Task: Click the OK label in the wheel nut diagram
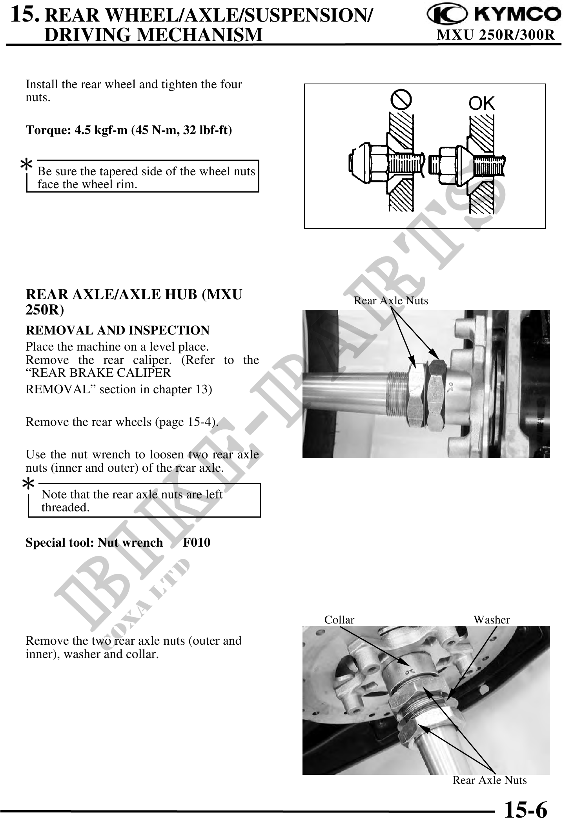[482, 104]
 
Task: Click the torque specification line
[129, 130]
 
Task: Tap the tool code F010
[197, 543]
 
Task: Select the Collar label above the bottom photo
[339, 620]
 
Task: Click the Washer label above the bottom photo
[492, 620]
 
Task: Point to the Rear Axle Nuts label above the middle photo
[391, 301]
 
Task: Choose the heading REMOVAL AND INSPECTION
[118, 331]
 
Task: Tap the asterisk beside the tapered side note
[26, 165]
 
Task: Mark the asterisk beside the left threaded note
[28, 485]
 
